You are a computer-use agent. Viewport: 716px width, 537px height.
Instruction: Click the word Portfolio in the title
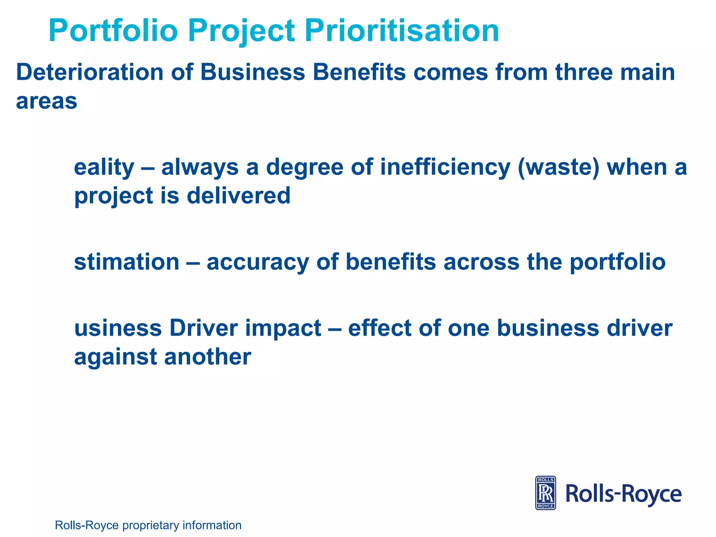click(113, 31)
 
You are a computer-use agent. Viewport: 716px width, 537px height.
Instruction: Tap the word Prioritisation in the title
click(402, 31)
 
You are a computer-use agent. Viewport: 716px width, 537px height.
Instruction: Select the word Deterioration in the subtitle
click(90, 72)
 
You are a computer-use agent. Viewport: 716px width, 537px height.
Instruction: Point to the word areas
click(46, 102)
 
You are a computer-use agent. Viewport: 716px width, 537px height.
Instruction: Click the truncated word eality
click(104, 168)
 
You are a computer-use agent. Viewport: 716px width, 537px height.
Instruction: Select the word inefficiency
click(445, 168)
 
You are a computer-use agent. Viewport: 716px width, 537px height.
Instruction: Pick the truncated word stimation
click(127, 262)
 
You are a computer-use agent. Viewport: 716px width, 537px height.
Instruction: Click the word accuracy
click(258, 263)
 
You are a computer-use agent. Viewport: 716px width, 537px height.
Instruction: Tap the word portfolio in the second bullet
click(617, 263)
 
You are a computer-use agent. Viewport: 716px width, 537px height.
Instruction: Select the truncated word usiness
click(118, 328)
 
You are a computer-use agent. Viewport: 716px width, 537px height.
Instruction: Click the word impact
click(283, 329)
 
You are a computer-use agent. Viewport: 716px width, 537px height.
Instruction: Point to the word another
click(207, 357)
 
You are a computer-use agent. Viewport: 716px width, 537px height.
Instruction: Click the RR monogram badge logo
click(545, 493)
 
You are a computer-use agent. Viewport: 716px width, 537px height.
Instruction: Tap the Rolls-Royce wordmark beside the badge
click(623, 494)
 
